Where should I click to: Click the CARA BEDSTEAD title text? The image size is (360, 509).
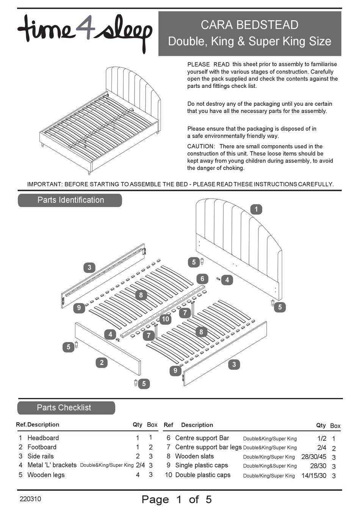(x=249, y=25)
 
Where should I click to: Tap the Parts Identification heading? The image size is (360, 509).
(x=70, y=200)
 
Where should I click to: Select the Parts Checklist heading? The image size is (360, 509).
(x=64, y=408)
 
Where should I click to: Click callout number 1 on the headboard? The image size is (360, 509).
(x=256, y=209)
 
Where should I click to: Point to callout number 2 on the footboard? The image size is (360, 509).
(x=102, y=363)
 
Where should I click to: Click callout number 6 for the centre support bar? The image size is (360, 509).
(x=202, y=279)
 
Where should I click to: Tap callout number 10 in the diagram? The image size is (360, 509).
(x=165, y=319)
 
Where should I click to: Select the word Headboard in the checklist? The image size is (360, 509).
(x=43, y=438)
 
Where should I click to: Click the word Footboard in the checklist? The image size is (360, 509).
(x=42, y=447)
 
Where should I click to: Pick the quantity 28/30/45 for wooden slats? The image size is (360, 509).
(x=313, y=457)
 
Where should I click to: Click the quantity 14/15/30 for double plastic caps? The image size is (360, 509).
(x=313, y=475)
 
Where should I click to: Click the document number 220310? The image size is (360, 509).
(x=30, y=499)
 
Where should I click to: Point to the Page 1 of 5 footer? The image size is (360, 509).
(x=177, y=499)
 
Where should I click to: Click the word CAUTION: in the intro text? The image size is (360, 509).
(x=201, y=146)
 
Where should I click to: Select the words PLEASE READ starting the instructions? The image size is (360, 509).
(x=208, y=64)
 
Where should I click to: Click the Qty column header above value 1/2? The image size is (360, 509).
(x=321, y=425)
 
